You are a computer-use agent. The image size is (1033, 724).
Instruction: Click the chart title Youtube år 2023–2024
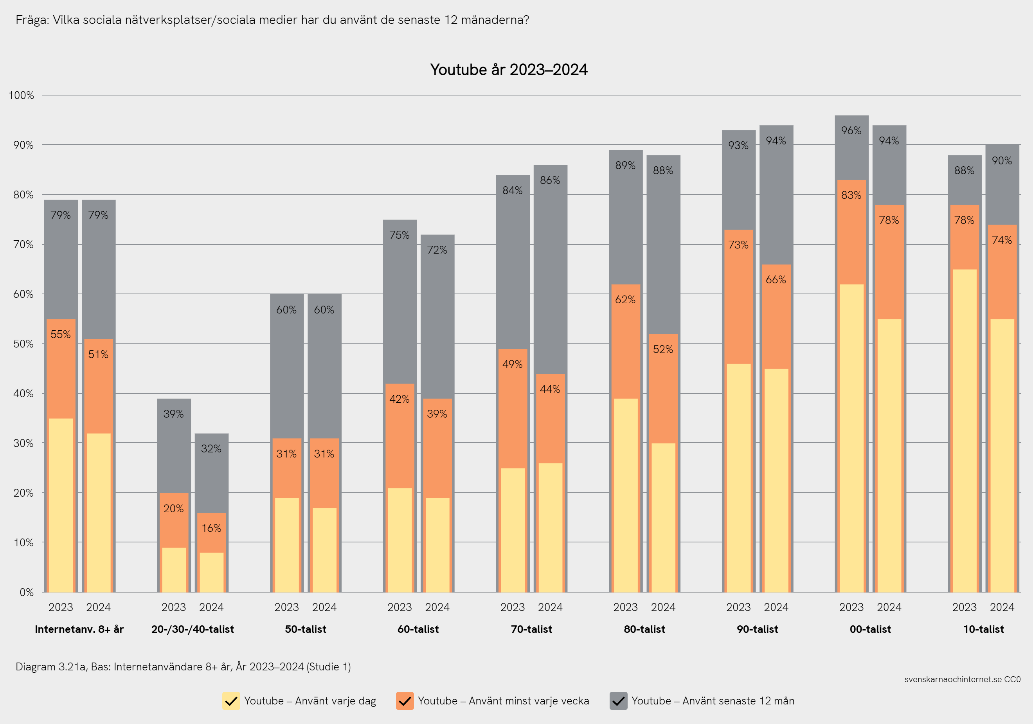pyautogui.click(x=508, y=70)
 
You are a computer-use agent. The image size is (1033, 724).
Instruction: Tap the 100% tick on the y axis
pyautogui.click(x=21, y=95)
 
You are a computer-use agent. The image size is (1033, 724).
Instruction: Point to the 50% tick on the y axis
pyautogui.click(x=23, y=344)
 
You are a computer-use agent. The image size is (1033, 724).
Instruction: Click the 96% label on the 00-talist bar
pyautogui.click(x=851, y=130)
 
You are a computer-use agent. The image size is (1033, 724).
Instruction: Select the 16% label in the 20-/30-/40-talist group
pyautogui.click(x=211, y=528)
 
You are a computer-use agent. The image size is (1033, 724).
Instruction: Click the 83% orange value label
pyautogui.click(x=851, y=195)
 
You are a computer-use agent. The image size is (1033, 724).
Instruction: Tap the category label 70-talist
pyautogui.click(x=531, y=629)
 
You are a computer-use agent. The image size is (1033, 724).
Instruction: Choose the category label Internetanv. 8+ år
pyautogui.click(x=79, y=629)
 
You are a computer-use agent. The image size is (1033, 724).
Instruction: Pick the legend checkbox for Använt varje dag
pyautogui.click(x=231, y=701)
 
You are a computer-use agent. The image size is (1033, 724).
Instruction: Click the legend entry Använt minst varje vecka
pyautogui.click(x=503, y=701)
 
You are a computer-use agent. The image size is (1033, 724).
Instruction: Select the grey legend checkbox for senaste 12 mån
pyautogui.click(x=618, y=701)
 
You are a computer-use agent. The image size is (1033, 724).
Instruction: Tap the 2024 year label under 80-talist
pyautogui.click(x=663, y=607)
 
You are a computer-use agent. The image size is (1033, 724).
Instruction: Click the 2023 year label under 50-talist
pyautogui.click(x=286, y=607)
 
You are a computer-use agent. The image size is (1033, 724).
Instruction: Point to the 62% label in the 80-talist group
pyautogui.click(x=625, y=300)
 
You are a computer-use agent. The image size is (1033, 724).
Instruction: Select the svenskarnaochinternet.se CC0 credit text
pyautogui.click(x=962, y=679)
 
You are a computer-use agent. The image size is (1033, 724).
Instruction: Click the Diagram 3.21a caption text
pyautogui.click(x=183, y=666)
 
